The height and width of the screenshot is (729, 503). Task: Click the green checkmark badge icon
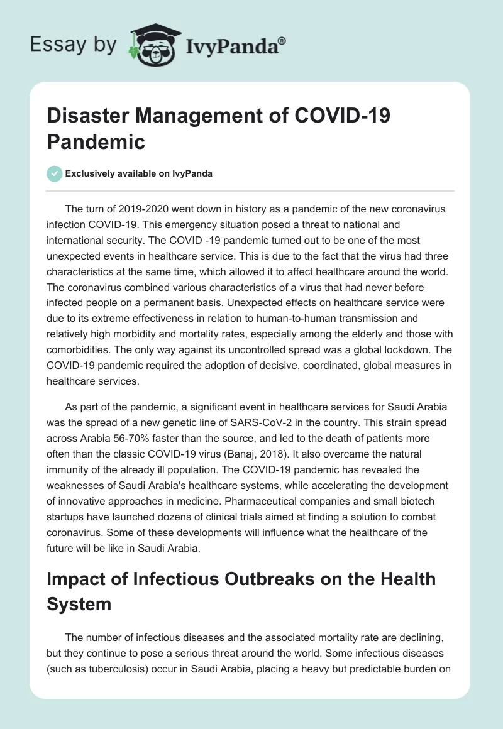click(55, 173)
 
